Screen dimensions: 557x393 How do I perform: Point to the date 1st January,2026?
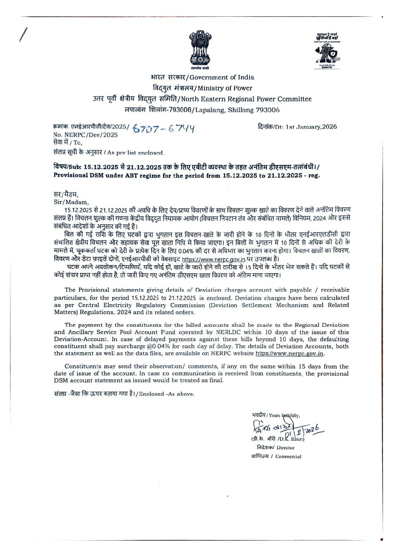pyautogui.click(x=311, y=127)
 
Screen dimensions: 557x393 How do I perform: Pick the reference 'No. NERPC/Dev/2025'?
pyautogui.click(x=85, y=135)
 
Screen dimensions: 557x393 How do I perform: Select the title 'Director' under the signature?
pyautogui.click(x=285, y=448)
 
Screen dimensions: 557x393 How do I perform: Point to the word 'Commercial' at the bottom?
pyautogui.click(x=288, y=457)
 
